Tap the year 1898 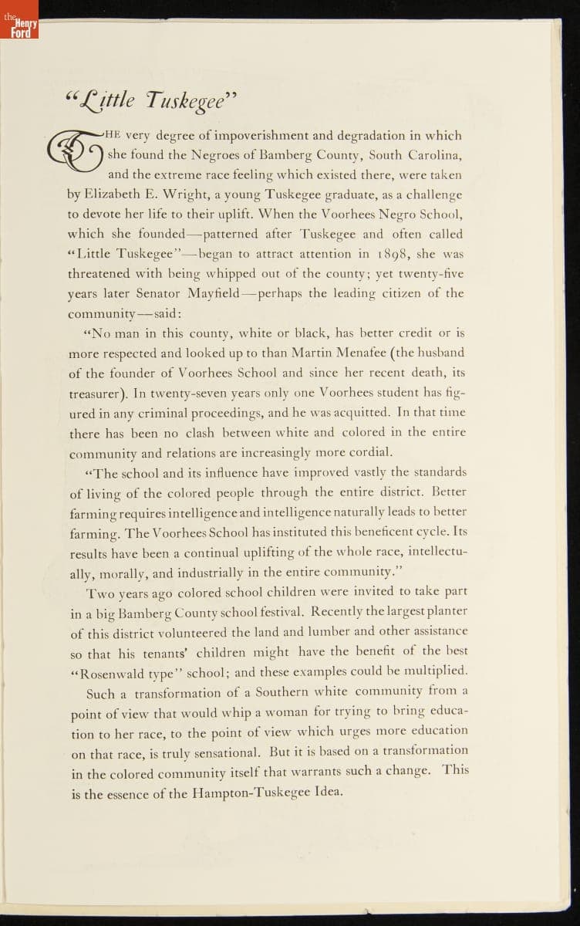393,253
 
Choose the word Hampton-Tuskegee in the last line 245,792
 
